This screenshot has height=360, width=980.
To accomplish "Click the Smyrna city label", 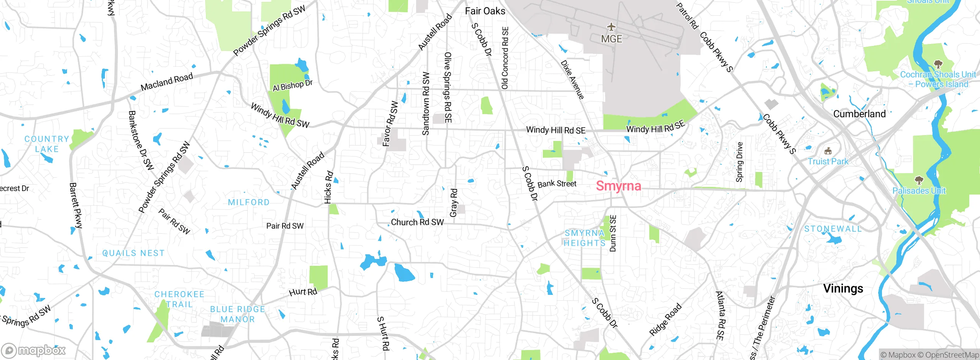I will tap(618, 186).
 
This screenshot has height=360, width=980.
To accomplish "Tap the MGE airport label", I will tap(611, 39).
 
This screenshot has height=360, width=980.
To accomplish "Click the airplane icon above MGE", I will tap(611, 27).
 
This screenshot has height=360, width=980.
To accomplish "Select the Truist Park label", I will tap(828, 162).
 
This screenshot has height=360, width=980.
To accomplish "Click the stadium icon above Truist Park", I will tap(828, 151).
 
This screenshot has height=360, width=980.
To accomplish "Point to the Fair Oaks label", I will tap(485, 11).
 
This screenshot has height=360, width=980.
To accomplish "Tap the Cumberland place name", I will tap(859, 114).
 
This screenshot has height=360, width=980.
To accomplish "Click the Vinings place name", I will tap(843, 288).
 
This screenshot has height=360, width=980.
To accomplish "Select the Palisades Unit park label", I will tap(919, 191).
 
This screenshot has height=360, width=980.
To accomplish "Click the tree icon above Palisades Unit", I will tap(919, 180).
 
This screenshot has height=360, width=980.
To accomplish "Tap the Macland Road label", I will tap(167, 82).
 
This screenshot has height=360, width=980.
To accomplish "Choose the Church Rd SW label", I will tap(417, 223).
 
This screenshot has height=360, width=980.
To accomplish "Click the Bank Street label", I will tap(557, 184).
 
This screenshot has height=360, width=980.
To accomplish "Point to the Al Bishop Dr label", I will tap(292, 85).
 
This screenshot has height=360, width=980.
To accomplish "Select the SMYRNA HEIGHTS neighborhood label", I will tap(585, 238).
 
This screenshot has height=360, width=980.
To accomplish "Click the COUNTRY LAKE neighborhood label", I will tap(47, 144).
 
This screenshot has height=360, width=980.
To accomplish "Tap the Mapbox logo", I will tap(34, 350).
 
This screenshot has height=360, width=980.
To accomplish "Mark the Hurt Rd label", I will tap(303, 292).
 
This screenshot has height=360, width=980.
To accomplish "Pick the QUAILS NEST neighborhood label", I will tap(133, 254).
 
